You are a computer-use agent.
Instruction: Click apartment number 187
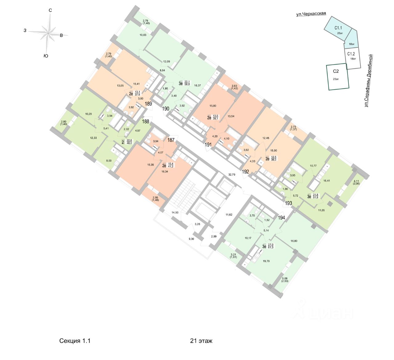(x=171, y=140)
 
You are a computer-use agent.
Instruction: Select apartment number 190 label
(x=166, y=108)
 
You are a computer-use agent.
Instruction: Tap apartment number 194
(x=281, y=218)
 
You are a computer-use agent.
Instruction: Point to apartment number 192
(x=245, y=172)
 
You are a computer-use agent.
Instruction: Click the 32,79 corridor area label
(x=232, y=175)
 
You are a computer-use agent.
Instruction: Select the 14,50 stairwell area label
(x=175, y=212)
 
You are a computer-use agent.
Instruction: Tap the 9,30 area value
(x=191, y=239)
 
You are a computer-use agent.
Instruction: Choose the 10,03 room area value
(x=143, y=35)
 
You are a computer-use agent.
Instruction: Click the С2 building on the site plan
(x=338, y=77)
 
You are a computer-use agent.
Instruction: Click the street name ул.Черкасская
(x=311, y=14)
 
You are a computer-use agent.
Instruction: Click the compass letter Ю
(x=46, y=56)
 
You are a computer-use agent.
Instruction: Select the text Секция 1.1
(x=75, y=341)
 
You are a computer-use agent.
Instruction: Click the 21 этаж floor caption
(x=201, y=341)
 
